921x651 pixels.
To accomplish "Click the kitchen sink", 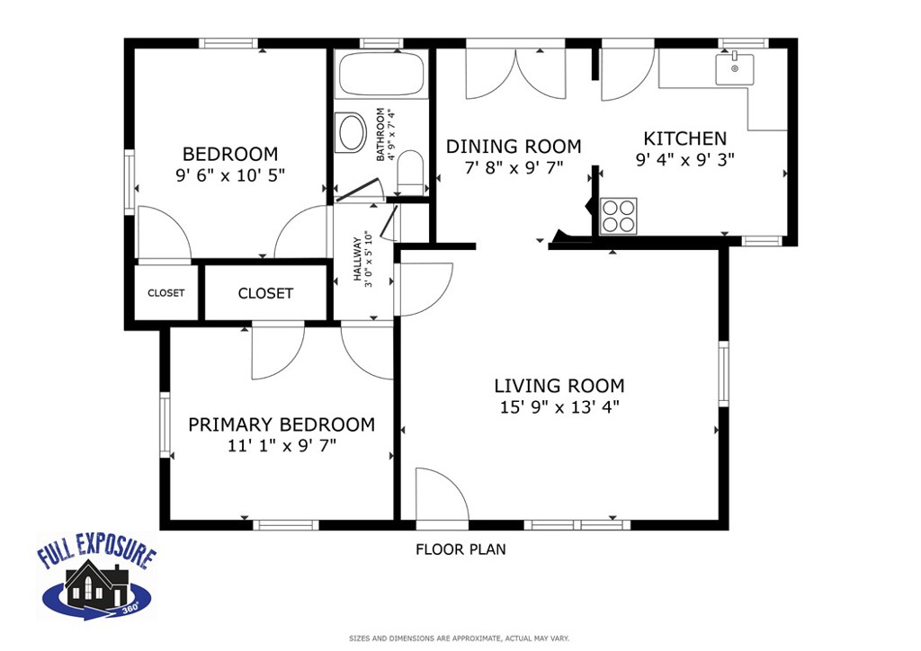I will (x=734, y=68).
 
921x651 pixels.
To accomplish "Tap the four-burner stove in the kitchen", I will (x=618, y=216).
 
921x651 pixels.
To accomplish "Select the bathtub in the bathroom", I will (x=381, y=75).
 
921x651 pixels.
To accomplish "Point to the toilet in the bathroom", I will (x=410, y=171).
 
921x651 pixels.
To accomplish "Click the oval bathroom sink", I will (x=349, y=133).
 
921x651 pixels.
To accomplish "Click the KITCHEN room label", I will (x=684, y=138).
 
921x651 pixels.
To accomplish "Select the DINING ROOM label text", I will (x=514, y=147).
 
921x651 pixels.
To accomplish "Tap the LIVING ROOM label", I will (x=559, y=386).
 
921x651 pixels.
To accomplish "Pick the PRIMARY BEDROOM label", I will (x=282, y=424).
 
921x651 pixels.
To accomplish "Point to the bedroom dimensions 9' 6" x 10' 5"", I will (x=230, y=175).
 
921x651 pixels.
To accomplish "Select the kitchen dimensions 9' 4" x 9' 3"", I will (x=684, y=160).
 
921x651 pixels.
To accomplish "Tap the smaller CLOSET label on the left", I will (x=165, y=293).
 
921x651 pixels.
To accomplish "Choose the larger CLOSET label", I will (x=265, y=293).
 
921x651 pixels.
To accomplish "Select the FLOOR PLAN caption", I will (x=460, y=549).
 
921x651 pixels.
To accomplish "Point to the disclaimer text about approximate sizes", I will (x=459, y=638).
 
